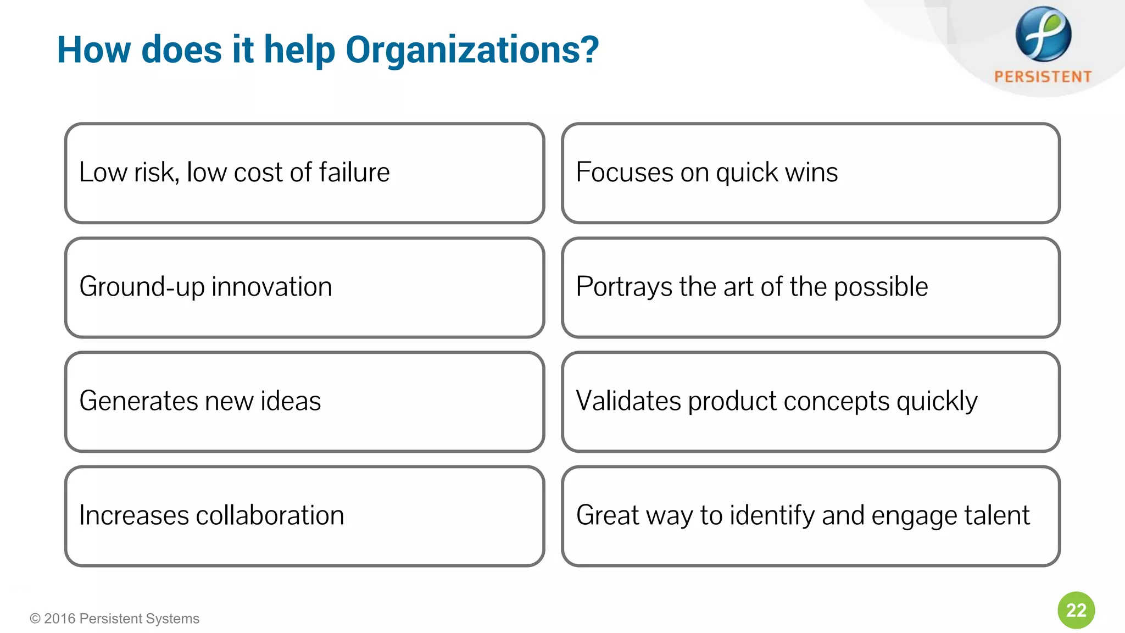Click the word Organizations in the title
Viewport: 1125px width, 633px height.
click(x=472, y=51)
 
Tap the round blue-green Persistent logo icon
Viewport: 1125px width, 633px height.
click(x=1043, y=34)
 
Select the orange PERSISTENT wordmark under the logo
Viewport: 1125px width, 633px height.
click(x=1043, y=76)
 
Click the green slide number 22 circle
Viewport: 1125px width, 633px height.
click(x=1076, y=610)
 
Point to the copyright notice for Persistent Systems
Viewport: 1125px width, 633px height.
click(x=115, y=619)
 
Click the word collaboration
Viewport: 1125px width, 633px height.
click(x=270, y=515)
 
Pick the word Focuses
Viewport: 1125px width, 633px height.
click(x=624, y=173)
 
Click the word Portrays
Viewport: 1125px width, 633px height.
click(x=624, y=287)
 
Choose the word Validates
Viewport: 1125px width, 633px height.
click(x=628, y=401)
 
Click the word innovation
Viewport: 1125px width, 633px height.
click(x=271, y=287)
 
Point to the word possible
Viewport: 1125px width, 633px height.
click(x=881, y=287)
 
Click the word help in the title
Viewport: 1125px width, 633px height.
click(x=299, y=51)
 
